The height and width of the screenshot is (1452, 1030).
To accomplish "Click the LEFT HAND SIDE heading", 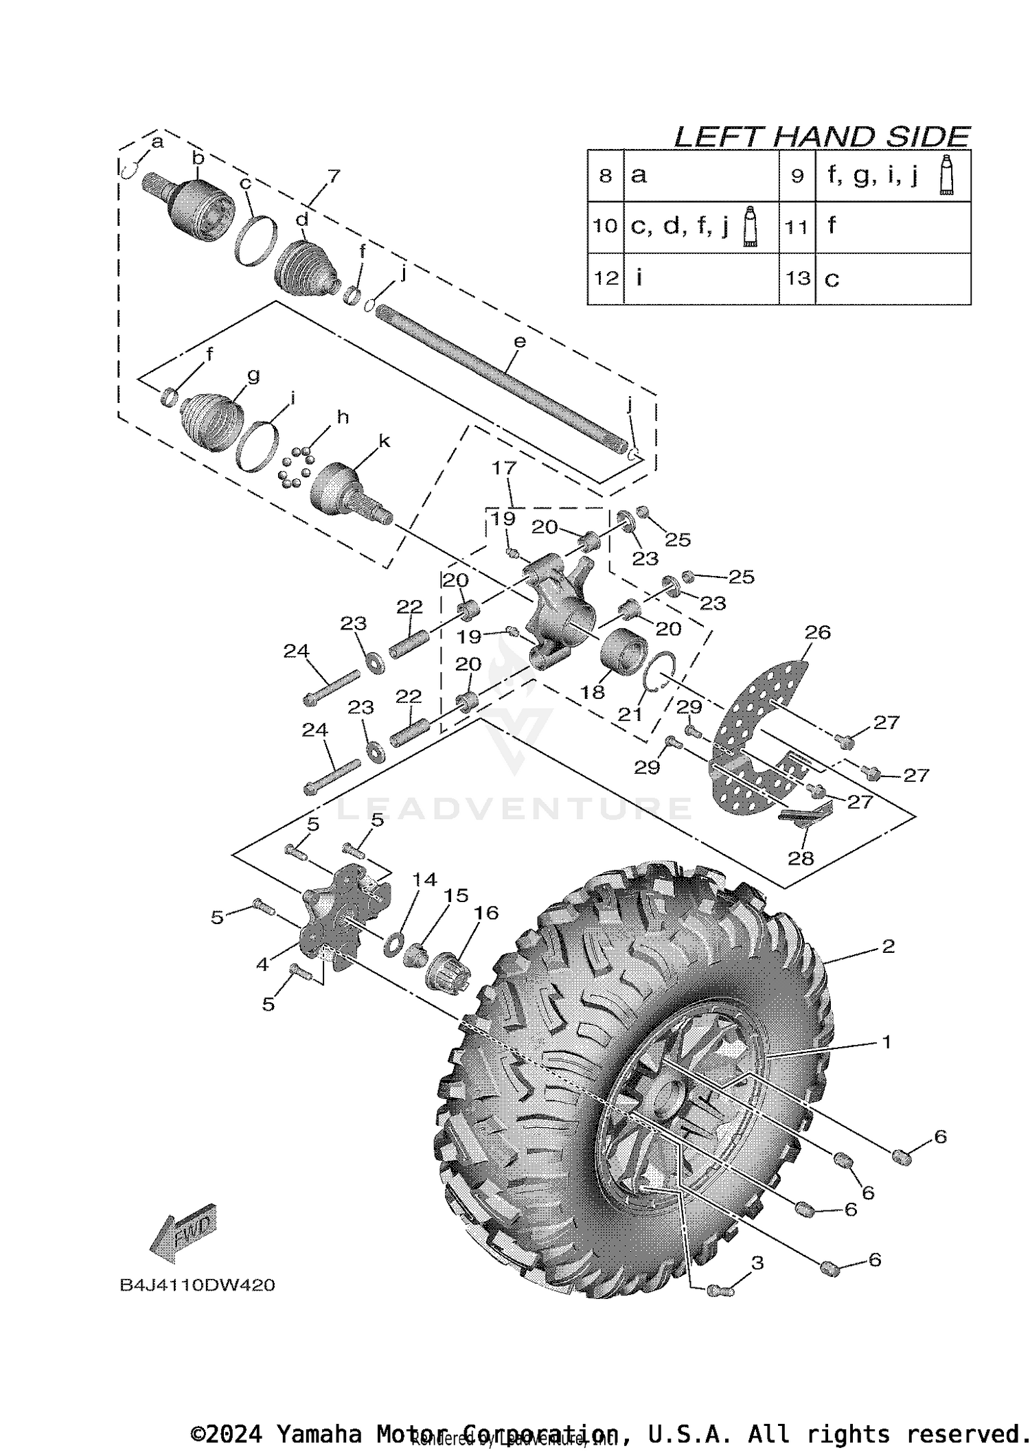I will click(x=821, y=137).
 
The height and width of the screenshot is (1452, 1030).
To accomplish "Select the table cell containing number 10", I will click(x=605, y=226).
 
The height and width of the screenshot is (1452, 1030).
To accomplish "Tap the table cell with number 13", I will click(x=797, y=278).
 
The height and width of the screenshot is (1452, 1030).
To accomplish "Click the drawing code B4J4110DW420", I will click(x=197, y=1284).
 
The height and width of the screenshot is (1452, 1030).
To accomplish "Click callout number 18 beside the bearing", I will click(x=593, y=691).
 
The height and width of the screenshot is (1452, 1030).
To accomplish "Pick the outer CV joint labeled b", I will click(x=199, y=209).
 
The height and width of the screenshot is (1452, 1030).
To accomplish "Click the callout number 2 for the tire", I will click(x=888, y=947).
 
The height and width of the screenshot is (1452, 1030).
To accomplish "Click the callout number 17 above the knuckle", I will click(x=504, y=468).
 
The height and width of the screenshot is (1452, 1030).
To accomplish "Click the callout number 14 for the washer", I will click(x=424, y=879).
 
